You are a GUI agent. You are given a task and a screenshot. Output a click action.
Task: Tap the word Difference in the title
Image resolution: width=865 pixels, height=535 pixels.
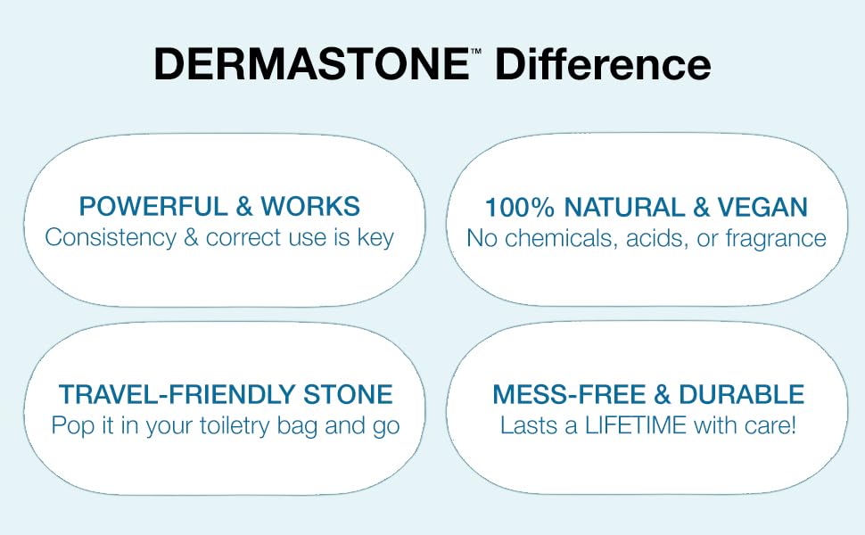603,66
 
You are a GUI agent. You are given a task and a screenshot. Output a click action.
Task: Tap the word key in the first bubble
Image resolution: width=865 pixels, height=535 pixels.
375,239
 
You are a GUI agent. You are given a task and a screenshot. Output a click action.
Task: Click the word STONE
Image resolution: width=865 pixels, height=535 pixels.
347,395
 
